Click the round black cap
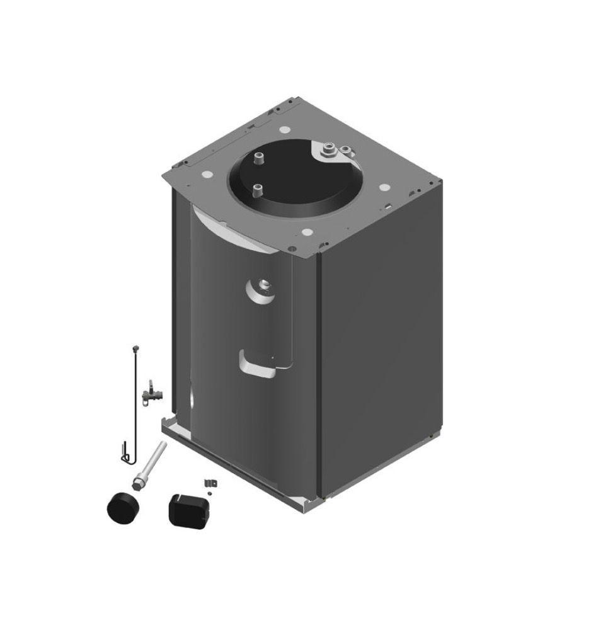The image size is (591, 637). (x=123, y=507)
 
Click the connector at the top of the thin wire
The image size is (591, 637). (x=134, y=348)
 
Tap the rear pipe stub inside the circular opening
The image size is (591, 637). (x=258, y=158)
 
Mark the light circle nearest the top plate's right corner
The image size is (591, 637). (x=383, y=188)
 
